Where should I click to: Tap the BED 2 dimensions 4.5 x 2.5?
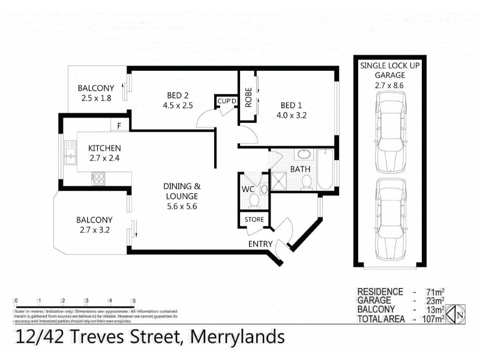click(x=178, y=106)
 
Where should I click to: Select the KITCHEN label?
click(x=105, y=148)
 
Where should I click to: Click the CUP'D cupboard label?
click(x=227, y=101)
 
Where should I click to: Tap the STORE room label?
click(x=254, y=220)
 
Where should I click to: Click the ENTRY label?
click(x=261, y=244)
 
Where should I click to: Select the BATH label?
click(x=300, y=169)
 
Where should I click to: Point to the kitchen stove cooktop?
click(x=98, y=178)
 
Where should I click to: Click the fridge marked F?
click(x=119, y=126)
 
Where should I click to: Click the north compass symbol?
click(x=459, y=313)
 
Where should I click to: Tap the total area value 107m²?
click(x=432, y=319)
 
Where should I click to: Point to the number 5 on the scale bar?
click(x=134, y=301)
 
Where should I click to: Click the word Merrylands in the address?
click(x=237, y=337)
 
